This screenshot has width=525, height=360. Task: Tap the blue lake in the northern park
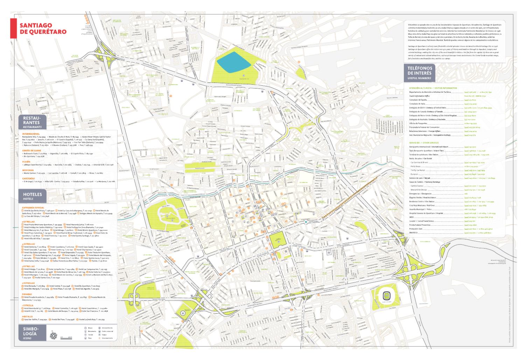pos(233,62)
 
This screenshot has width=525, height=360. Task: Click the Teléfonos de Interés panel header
pos(420,73)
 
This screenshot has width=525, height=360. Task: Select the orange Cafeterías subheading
pos(29,178)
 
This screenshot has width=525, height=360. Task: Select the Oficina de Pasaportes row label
pos(419,123)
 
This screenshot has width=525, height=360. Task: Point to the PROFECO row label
pos(414,233)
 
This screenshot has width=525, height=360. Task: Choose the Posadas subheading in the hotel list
pos(27,294)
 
